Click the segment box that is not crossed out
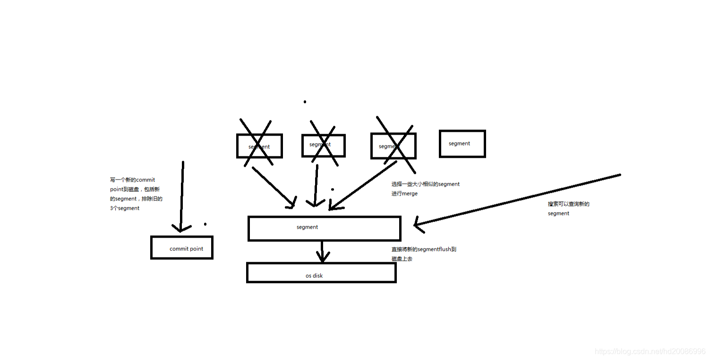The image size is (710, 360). [x=462, y=144]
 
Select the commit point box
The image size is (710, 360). [x=182, y=248]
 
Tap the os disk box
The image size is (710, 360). [x=321, y=273]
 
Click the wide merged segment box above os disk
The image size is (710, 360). [x=324, y=229]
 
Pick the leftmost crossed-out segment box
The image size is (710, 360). [x=259, y=146]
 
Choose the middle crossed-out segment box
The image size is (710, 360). [x=324, y=146]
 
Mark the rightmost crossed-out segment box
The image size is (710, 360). [x=393, y=146]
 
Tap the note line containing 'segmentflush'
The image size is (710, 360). [x=424, y=249]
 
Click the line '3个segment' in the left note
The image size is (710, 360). [x=125, y=208]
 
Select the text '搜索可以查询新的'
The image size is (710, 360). [x=569, y=204]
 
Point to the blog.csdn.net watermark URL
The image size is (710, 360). [x=650, y=351]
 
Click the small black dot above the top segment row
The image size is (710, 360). [x=305, y=102]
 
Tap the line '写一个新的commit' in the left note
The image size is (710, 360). [x=132, y=180]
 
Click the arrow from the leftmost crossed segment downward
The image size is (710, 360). [x=274, y=187]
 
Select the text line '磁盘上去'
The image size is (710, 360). [x=402, y=259]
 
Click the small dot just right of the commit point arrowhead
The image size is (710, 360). [x=205, y=224]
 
